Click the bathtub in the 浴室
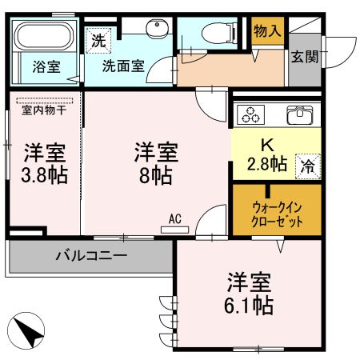44,38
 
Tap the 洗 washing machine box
97,38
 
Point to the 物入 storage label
266,30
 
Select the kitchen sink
299,114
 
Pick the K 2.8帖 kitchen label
266,155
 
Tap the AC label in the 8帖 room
175,218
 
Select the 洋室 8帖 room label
154,162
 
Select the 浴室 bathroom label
46,67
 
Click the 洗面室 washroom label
122,67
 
